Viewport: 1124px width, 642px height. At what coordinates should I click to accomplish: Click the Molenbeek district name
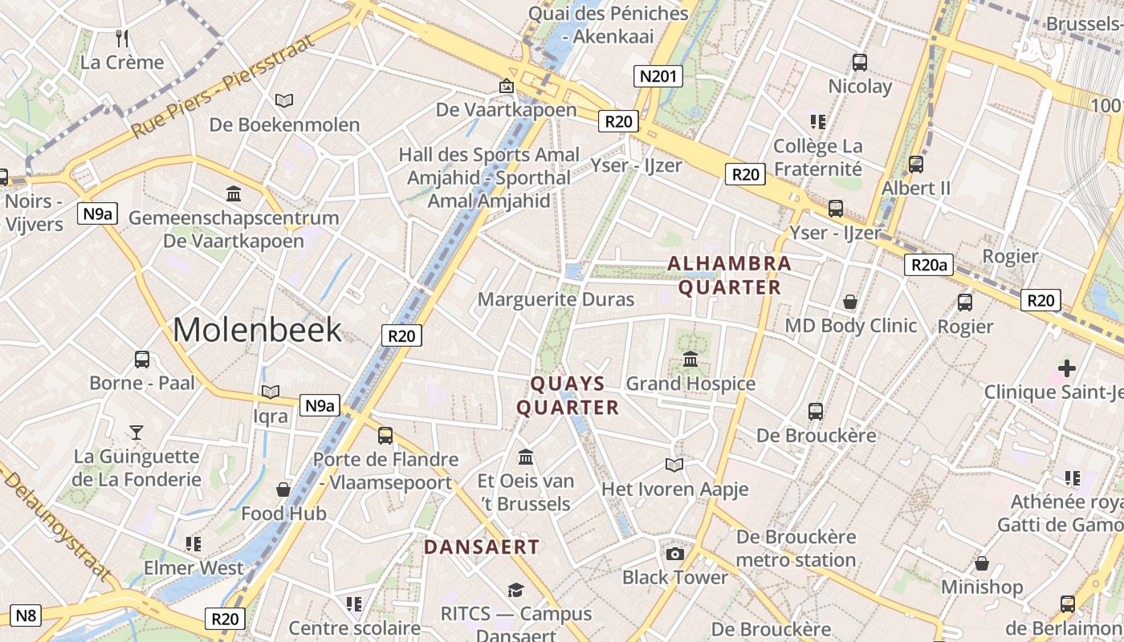[x=257, y=330]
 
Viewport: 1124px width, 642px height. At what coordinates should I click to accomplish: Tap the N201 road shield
[x=658, y=76]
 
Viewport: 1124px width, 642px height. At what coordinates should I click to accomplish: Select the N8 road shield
[x=26, y=616]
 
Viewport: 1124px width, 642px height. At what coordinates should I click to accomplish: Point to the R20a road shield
[x=929, y=265]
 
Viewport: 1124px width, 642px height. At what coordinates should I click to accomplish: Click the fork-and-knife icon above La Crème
[x=122, y=38]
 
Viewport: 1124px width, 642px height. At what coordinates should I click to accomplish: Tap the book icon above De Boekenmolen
[x=284, y=100]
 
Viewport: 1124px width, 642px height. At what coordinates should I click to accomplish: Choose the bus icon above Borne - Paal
[x=142, y=359]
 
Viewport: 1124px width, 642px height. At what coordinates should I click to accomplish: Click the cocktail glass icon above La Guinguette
[x=136, y=433]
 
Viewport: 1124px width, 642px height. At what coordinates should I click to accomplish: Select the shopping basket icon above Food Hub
[x=283, y=489]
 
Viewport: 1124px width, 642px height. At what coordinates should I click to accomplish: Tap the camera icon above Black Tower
[x=675, y=553]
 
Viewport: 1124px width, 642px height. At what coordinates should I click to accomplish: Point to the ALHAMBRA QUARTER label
[x=729, y=274]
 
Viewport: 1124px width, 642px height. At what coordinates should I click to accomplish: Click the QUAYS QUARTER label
[x=568, y=395]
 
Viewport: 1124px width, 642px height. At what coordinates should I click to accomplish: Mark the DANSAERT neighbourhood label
[x=482, y=547]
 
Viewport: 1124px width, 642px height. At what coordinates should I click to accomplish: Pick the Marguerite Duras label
[x=556, y=299]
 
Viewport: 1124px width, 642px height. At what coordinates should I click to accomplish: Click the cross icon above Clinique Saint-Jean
[x=1066, y=368]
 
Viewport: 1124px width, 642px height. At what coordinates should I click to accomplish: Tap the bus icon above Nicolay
[x=860, y=62]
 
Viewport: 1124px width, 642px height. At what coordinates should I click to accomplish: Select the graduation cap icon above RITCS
[x=515, y=590]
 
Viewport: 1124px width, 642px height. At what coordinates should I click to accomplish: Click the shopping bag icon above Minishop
[x=981, y=563]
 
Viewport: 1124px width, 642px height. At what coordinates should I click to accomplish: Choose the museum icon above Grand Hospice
[x=690, y=359]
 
